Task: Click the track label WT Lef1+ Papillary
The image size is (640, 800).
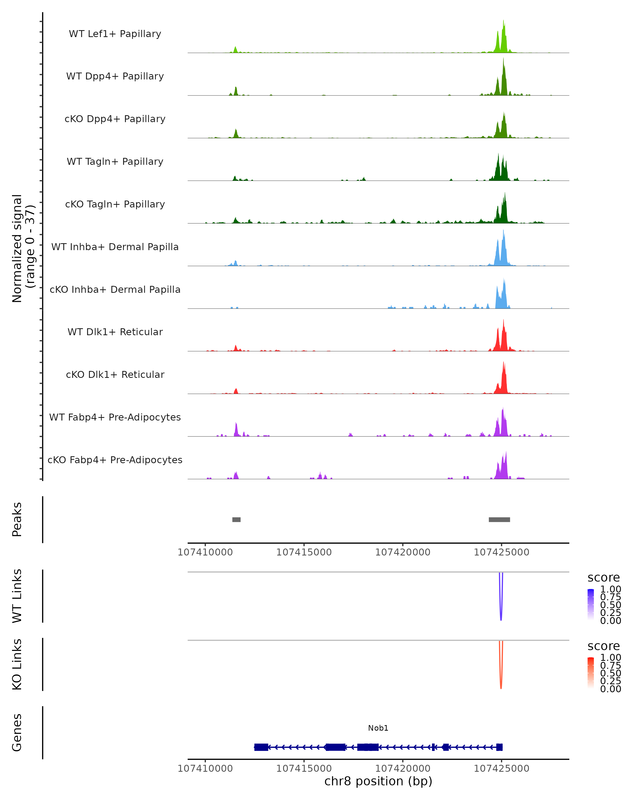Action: [x=115, y=34]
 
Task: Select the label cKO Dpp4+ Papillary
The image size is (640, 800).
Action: [x=115, y=119]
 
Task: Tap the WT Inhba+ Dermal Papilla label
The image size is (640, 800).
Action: [x=115, y=247]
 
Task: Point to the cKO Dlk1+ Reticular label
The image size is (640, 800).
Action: [x=115, y=374]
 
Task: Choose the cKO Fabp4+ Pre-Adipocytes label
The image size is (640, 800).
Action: [x=115, y=460]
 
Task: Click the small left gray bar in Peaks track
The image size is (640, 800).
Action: [x=236, y=519]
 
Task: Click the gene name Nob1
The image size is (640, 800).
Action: [x=378, y=728]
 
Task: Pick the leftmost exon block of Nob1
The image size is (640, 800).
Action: [x=261, y=747]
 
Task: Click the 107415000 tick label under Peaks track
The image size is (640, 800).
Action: [x=304, y=552]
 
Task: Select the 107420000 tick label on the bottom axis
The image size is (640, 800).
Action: [x=403, y=769]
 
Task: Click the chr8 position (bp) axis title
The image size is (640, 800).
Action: [x=378, y=781]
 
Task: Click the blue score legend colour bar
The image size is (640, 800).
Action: [x=591, y=605]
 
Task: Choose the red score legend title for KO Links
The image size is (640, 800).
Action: [x=603, y=646]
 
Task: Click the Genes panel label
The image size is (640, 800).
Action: [x=17, y=733]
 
